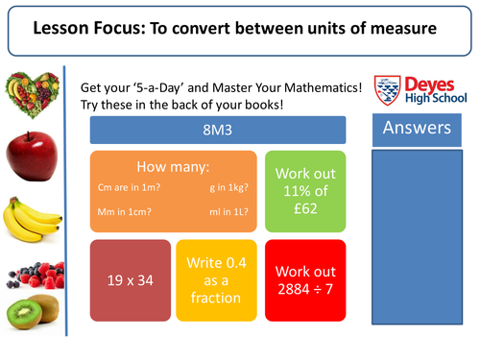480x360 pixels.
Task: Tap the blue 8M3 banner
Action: pos(217,131)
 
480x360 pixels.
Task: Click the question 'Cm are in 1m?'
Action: pos(127,188)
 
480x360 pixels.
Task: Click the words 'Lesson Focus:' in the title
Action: pos(87,29)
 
